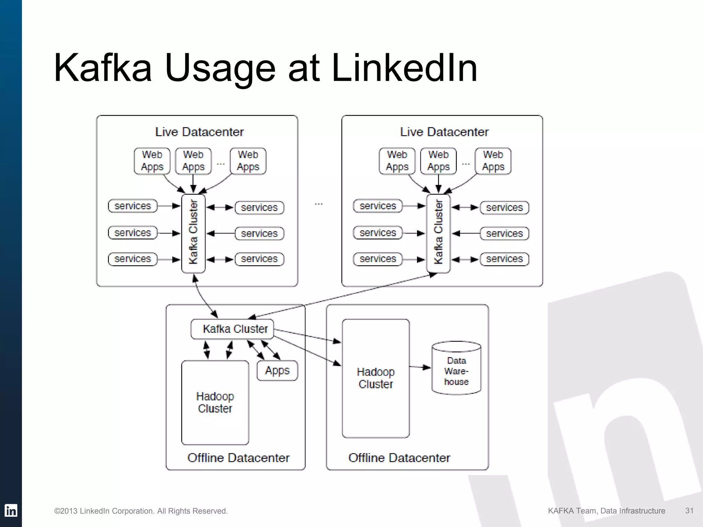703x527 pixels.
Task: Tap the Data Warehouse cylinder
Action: click(x=456, y=369)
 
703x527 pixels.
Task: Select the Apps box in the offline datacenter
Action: click(x=277, y=371)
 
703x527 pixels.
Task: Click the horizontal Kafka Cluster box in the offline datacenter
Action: click(x=232, y=329)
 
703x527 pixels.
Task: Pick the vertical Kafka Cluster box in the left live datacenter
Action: click(x=193, y=233)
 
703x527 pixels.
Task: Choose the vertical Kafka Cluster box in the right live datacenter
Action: click(x=438, y=233)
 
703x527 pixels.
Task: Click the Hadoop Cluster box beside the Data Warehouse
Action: click(x=376, y=378)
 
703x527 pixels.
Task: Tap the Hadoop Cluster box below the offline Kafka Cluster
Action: click(x=215, y=402)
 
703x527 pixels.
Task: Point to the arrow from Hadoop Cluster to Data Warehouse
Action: click(x=420, y=367)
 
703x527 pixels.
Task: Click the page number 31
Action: click(x=689, y=511)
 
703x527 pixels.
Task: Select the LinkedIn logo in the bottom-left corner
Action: click(x=11, y=511)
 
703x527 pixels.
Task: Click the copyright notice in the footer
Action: click(x=141, y=511)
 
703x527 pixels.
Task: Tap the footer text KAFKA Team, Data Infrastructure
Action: click(x=606, y=511)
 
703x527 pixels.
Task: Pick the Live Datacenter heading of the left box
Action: click(x=199, y=132)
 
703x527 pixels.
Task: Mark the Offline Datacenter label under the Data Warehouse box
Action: click(x=399, y=458)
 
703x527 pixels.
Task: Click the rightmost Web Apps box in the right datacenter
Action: click(x=493, y=161)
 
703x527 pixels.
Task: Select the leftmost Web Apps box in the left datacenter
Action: click(x=152, y=161)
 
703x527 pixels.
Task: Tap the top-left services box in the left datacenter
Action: click(x=132, y=206)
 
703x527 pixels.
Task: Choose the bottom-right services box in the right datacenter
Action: click(x=504, y=259)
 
